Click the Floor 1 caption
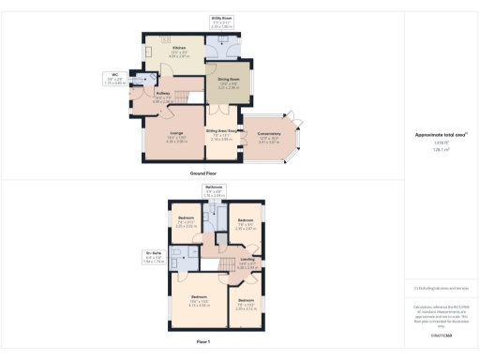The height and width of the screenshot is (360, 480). click(x=203, y=342)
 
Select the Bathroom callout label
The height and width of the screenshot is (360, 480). click(x=213, y=191)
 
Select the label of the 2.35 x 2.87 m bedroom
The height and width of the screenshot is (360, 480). click(x=246, y=226)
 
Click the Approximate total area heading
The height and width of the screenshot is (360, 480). click(x=441, y=134)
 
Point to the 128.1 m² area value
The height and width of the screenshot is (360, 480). click(x=441, y=148)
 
